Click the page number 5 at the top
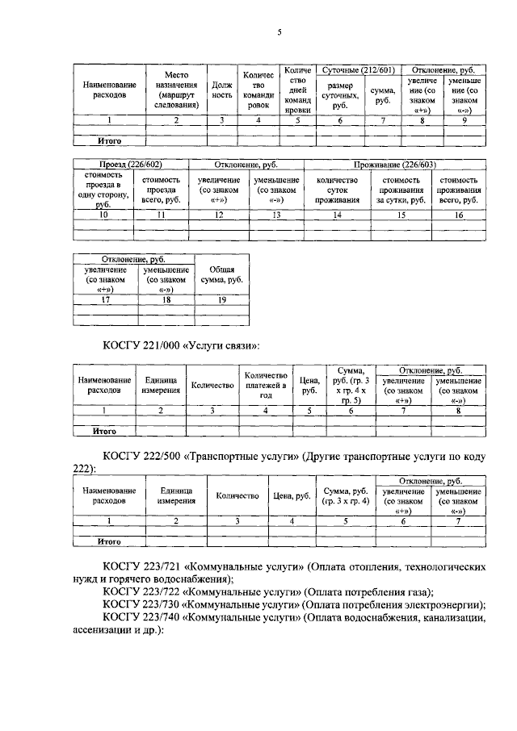(x=280, y=32)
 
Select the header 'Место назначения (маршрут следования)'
(x=176, y=89)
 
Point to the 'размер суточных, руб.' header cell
(x=340, y=94)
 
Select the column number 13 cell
(x=276, y=215)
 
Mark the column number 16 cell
(x=458, y=215)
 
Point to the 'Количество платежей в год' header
(x=265, y=386)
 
